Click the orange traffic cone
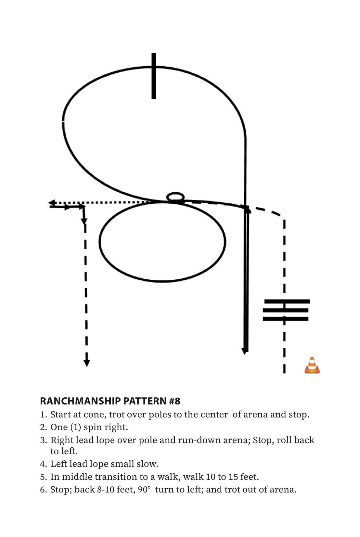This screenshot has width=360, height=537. (312, 365)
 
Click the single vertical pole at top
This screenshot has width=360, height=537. (154, 76)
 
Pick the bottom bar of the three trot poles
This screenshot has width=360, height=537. (285, 319)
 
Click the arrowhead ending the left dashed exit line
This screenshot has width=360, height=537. (86, 363)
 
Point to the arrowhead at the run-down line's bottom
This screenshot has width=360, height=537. (244, 351)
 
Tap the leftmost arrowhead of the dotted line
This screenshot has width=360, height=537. (52, 203)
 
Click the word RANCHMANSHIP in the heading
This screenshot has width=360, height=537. (80, 401)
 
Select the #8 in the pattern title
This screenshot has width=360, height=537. (174, 401)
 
